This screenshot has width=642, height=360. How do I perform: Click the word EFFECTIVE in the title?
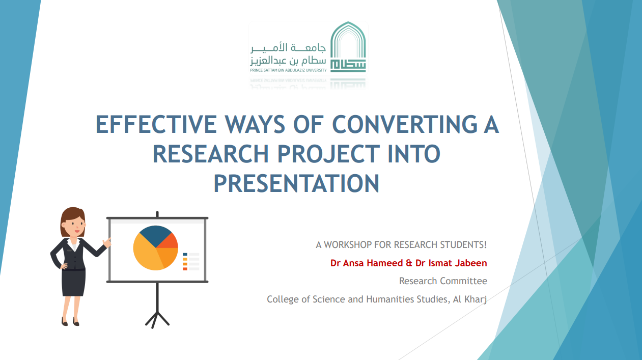(156, 124)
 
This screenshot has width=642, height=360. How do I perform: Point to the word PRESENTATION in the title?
(296, 183)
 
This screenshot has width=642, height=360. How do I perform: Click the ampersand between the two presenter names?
(409, 263)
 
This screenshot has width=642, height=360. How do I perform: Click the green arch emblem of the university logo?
(348, 47)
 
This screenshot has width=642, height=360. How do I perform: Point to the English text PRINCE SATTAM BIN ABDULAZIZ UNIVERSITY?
(288, 70)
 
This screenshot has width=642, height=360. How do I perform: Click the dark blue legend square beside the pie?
(185, 254)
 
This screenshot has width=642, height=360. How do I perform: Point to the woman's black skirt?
(74, 283)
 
